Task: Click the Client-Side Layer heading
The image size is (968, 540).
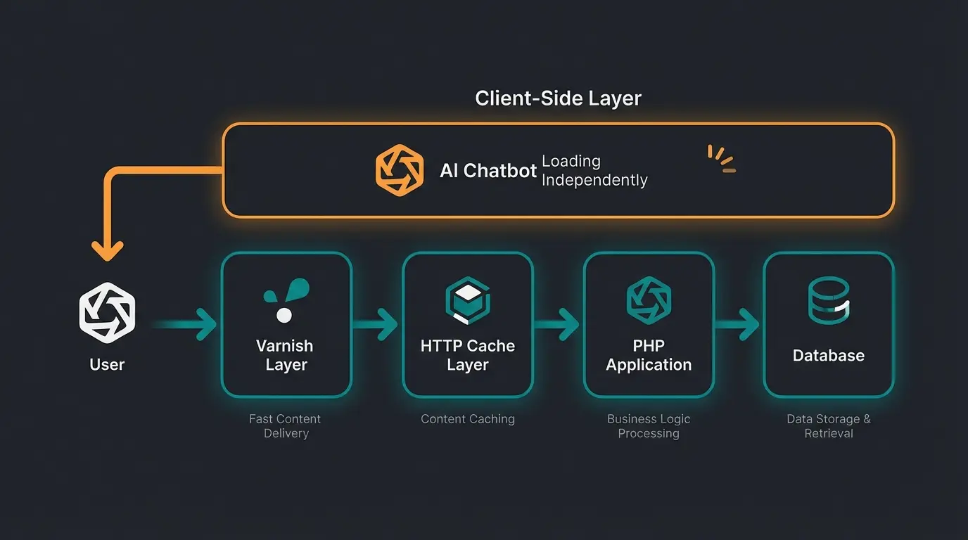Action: tap(558, 98)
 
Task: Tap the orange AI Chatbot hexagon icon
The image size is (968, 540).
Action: tap(400, 170)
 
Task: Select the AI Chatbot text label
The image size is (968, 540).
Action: tap(488, 171)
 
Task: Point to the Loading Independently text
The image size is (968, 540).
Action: tap(594, 171)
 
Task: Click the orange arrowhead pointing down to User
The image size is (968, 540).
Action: tap(108, 250)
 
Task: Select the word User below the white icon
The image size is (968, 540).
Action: tap(107, 364)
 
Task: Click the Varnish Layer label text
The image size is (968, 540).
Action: tap(285, 355)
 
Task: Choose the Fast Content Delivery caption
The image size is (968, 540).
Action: tap(285, 426)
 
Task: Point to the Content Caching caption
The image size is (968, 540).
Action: tap(468, 419)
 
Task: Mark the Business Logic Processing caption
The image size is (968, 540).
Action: tap(649, 426)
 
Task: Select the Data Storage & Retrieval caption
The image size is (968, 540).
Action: tap(829, 426)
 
